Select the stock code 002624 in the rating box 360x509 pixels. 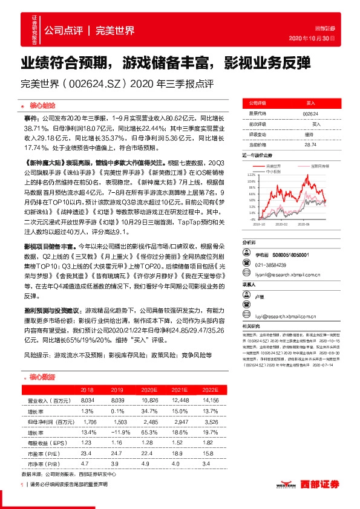(x=310, y=114)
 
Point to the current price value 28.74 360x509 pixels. (x=310, y=145)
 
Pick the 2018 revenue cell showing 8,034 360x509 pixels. (x=88, y=400)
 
